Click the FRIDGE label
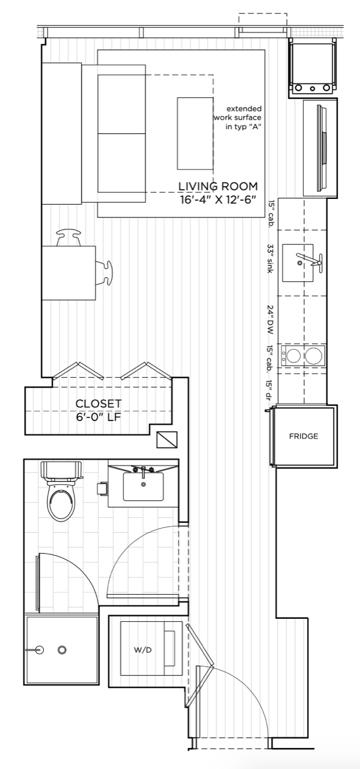click(304, 436)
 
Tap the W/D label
click(142, 650)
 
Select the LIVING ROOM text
click(218, 186)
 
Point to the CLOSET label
click(99, 404)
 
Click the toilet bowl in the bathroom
click(61, 500)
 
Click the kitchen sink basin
click(297, 263)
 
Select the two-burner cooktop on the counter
click(303, 355)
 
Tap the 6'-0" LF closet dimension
click(99, 418)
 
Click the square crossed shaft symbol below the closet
click(167, 439)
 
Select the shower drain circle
click(62, 649)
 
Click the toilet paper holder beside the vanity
click(102, 488)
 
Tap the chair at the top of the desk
click(69, 239)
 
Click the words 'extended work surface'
click(238, 114)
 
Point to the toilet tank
click(61, 470)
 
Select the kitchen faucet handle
click(320, 263)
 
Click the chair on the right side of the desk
click(104, 273)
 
